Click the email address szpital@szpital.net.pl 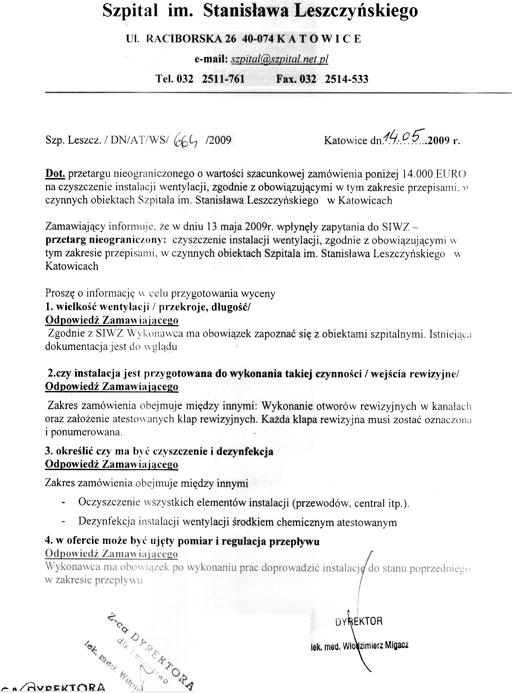(x=280, y=59)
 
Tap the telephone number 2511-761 (x=223, y=79)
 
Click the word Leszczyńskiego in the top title (x=356, y=10)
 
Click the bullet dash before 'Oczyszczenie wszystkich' (x=63, y=503)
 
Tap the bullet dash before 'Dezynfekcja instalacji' (x=63, y=522)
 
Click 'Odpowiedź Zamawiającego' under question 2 (x=112, y=387)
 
